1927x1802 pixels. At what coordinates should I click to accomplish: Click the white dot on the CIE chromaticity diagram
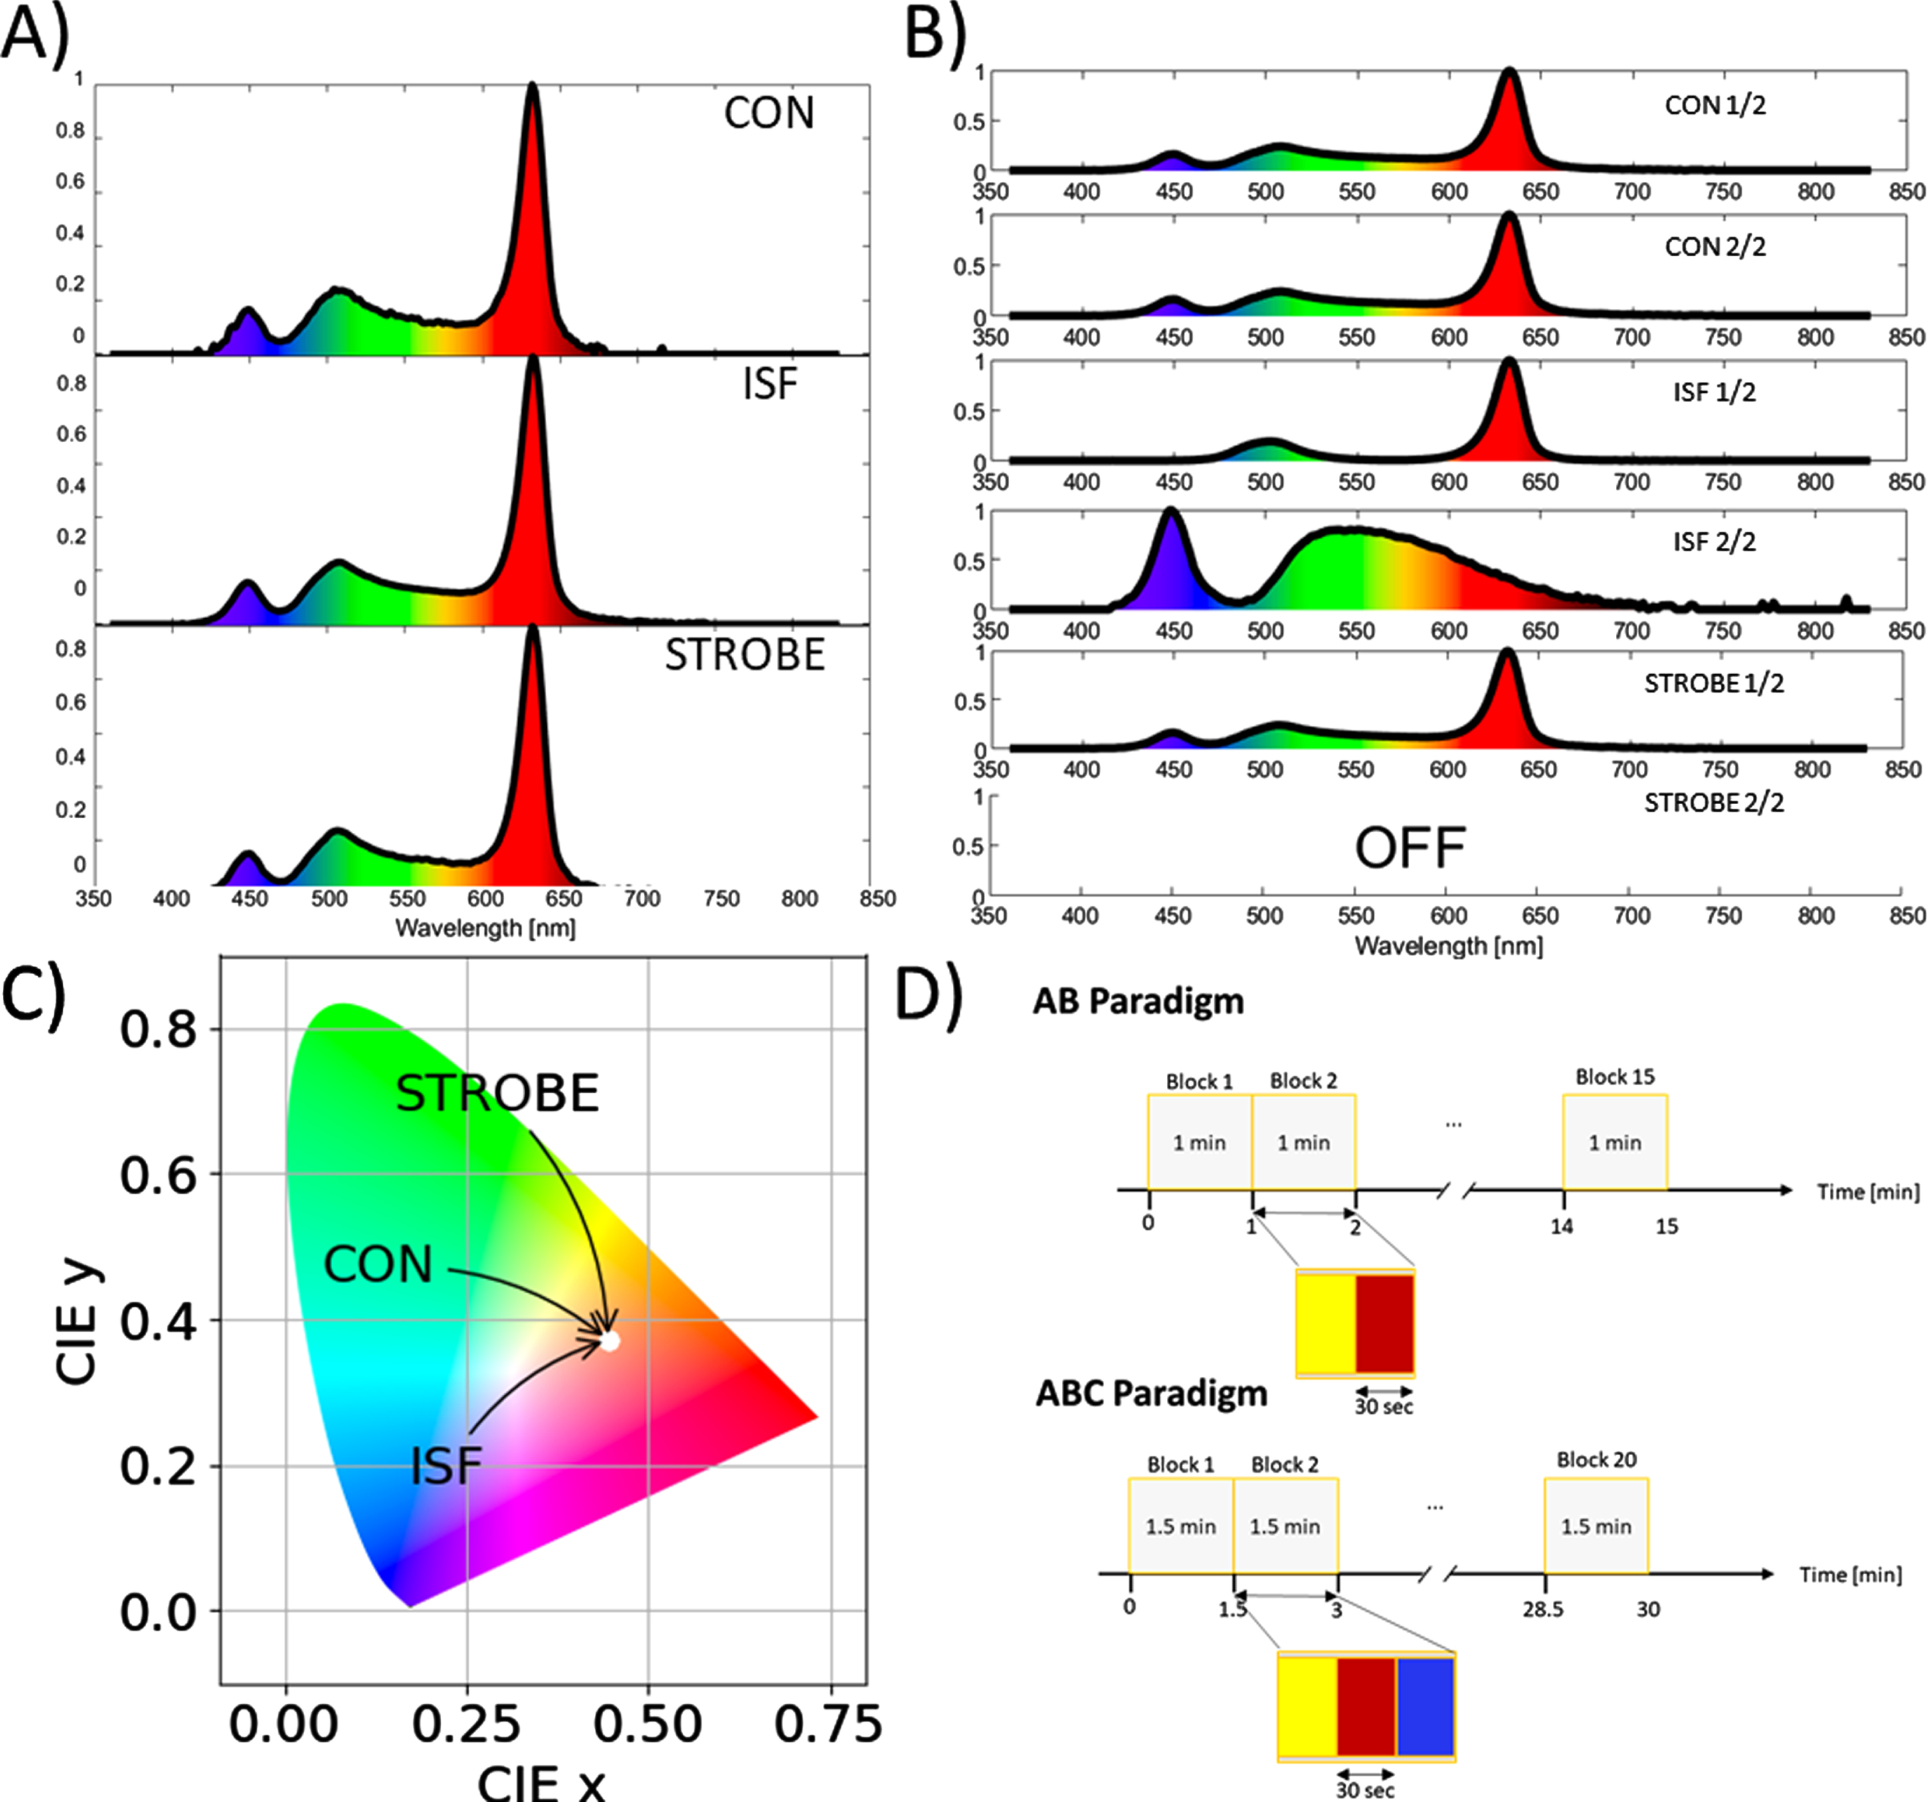click(x=610, y=1340)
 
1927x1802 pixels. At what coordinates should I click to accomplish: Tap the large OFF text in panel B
click(x=1410, y=848)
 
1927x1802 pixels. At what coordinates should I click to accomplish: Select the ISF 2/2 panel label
click(x=1714, y=541)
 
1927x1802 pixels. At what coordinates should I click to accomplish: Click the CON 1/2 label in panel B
click(x=1714, y=105)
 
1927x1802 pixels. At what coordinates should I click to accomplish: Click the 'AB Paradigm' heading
click(x=1138, y=1001)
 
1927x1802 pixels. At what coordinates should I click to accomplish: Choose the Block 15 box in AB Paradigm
click(x=1615, y=1142)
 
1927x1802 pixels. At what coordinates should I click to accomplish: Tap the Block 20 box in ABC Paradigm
click(x=1596, y=1526)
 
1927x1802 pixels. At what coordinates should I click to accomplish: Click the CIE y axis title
click(x=77, y=1320)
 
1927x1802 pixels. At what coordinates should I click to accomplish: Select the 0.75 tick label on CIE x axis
click(x=829, y=1724)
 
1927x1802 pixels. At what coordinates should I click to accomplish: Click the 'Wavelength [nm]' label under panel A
click(x=485, y=928)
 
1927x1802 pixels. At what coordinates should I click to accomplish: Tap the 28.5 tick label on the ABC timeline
click(x=1542, y=1609)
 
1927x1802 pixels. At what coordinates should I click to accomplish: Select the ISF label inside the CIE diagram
click(x=446, y=1466)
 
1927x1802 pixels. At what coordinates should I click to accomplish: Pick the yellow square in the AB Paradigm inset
click(x=1326, y=1323)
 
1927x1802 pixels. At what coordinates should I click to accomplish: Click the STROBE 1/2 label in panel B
click(x=1714, y=683)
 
